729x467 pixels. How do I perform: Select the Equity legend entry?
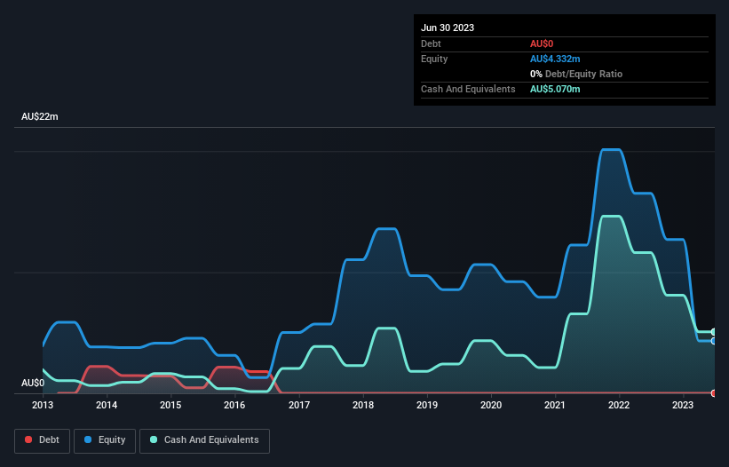click(105, 439)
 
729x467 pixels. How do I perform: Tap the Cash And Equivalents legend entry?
click(204, 439)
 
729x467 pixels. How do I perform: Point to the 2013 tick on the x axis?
click(43, 406)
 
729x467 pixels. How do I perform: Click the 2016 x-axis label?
click(234, 406)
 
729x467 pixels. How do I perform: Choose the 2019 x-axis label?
click(427, 406)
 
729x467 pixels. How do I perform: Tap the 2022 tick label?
click(619, 406)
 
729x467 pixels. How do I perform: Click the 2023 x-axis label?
click(683, 406)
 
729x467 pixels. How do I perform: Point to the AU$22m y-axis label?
click(40, 117)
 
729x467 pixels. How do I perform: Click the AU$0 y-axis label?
click(33, 383)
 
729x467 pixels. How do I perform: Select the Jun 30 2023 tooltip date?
click(448, 28)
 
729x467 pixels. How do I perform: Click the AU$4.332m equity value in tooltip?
click(555, 59)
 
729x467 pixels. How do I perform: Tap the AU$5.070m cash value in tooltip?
click(555, 89)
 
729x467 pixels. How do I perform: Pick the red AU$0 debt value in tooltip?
click(543, 44)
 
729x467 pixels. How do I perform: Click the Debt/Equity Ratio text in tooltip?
click(581, 74)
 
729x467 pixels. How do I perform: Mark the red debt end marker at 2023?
click(713, 392)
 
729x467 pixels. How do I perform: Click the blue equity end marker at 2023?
click(713, 341)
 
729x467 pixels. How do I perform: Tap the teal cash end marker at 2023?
click(713, 332)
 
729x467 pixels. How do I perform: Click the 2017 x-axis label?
click(299, 406)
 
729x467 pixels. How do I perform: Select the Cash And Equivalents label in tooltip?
click(468, 89)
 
